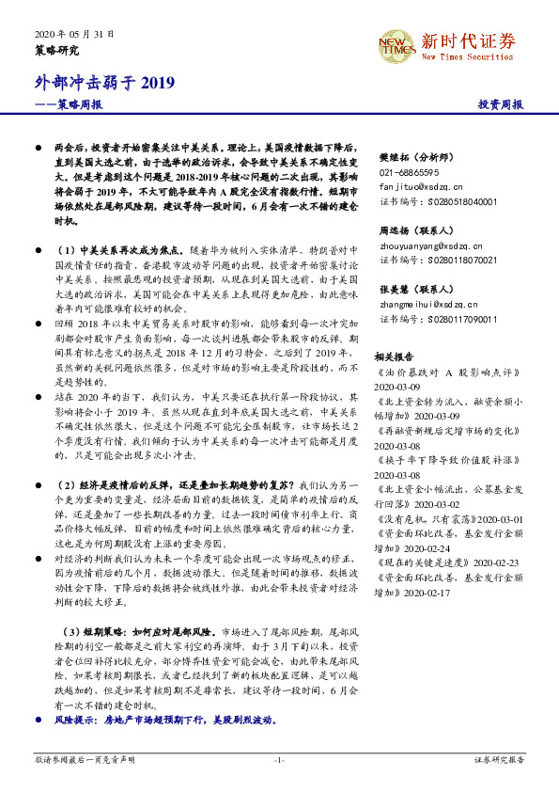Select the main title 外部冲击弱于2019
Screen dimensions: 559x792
(104, 84)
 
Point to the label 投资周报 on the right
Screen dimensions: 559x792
(500, 105)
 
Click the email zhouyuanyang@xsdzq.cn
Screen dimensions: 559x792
(424, 244)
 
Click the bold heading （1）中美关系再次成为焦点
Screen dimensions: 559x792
(120, 251)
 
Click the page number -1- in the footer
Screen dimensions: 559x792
(279, 758)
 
